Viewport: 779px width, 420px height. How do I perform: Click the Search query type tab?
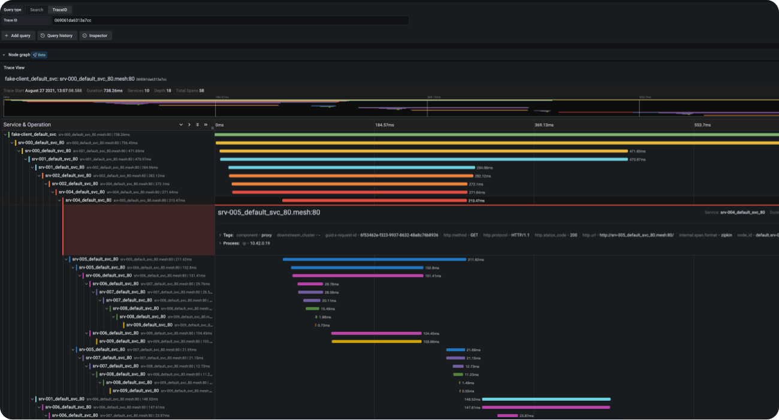(37, 10)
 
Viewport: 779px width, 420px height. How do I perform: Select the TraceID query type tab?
(60, 10)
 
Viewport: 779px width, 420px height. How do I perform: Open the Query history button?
(57, 36)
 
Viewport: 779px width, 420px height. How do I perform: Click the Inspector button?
(95, 36)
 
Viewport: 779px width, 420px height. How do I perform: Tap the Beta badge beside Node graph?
(39, 55)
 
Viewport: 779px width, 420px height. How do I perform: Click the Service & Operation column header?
(28, 125)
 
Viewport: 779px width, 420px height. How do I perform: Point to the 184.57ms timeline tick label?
(384, 125)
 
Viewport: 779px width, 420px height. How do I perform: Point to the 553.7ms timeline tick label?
(702, 125)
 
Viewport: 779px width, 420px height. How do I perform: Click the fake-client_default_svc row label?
(34, 134)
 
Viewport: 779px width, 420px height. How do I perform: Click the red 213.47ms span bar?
(374, 201)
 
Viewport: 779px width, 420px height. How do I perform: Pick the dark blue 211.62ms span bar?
(374, 259)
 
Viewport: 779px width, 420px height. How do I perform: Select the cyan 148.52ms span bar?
(546, 398)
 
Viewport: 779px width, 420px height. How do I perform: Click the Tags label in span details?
(228, 235)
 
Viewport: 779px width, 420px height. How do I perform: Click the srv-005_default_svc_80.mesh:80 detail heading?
(268, 212)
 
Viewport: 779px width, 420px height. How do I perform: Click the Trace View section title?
(14, 68)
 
